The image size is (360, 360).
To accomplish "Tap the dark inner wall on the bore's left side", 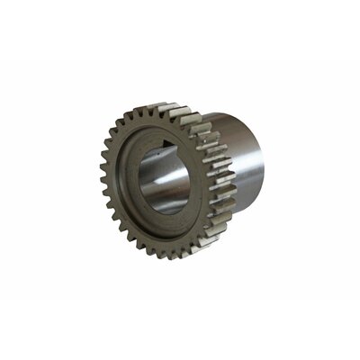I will [x=145, y=185].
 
